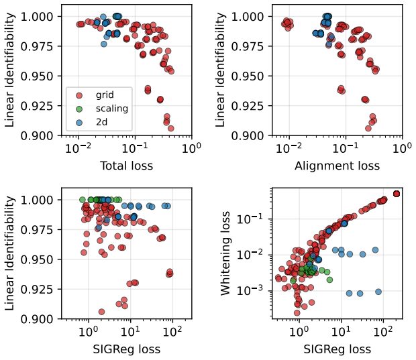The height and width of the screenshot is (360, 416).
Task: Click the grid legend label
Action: pos(105,95)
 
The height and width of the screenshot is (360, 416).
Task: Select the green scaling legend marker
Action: pos(79,109)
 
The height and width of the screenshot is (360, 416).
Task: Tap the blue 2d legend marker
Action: pos(79,123)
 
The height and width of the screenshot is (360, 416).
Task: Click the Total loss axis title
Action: pos(127,166)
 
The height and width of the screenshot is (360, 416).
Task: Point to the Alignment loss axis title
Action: pos(337,166)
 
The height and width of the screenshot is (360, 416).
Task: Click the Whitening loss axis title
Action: pos(225,253)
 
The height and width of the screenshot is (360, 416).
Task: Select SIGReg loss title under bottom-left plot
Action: pos(127,349)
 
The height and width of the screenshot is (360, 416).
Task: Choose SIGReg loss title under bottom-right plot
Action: pos(337,349)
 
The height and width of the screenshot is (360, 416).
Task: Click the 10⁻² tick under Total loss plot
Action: pos(78,147)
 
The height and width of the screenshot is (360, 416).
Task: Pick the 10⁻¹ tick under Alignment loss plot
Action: pos(345,147)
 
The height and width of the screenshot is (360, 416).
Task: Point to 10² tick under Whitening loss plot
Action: pos(382,331)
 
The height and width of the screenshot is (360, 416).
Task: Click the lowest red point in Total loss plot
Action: pos(171,129)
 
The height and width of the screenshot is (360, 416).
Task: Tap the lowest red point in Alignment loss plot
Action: pos(368,129)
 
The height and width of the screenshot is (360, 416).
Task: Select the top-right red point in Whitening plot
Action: pos(397,194)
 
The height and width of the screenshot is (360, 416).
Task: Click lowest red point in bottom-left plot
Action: pos(101,312)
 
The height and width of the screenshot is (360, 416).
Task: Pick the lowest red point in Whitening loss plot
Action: pos(297,313)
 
